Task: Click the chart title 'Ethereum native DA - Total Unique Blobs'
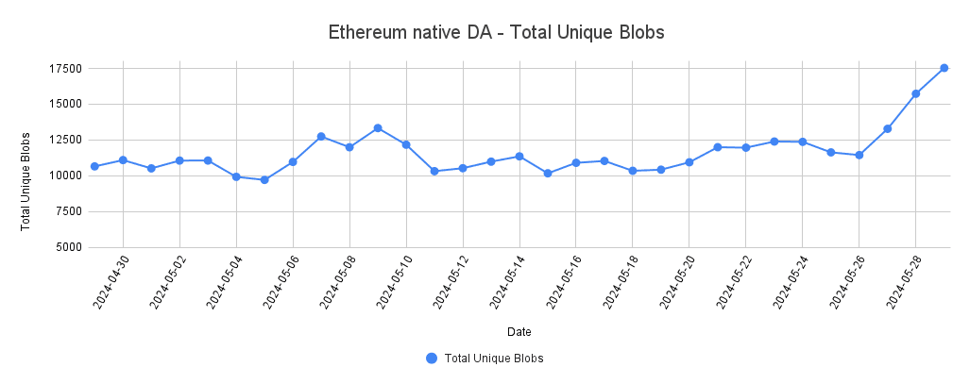(497, 32)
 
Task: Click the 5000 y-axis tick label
(66, 247)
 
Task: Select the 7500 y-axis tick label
(66, 211)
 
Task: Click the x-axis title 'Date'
(519, 332)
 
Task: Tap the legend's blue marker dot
(432, 359)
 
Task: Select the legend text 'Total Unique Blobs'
(494, 359)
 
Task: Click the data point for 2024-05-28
(915, 93)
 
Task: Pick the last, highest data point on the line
(944, 68)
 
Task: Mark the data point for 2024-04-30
(123, 160)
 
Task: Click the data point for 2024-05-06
(293, 161)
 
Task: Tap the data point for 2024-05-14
(519, 156)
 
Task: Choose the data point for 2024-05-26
(859, 155)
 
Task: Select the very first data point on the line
(94, 166)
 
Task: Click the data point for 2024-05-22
(745, 147)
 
